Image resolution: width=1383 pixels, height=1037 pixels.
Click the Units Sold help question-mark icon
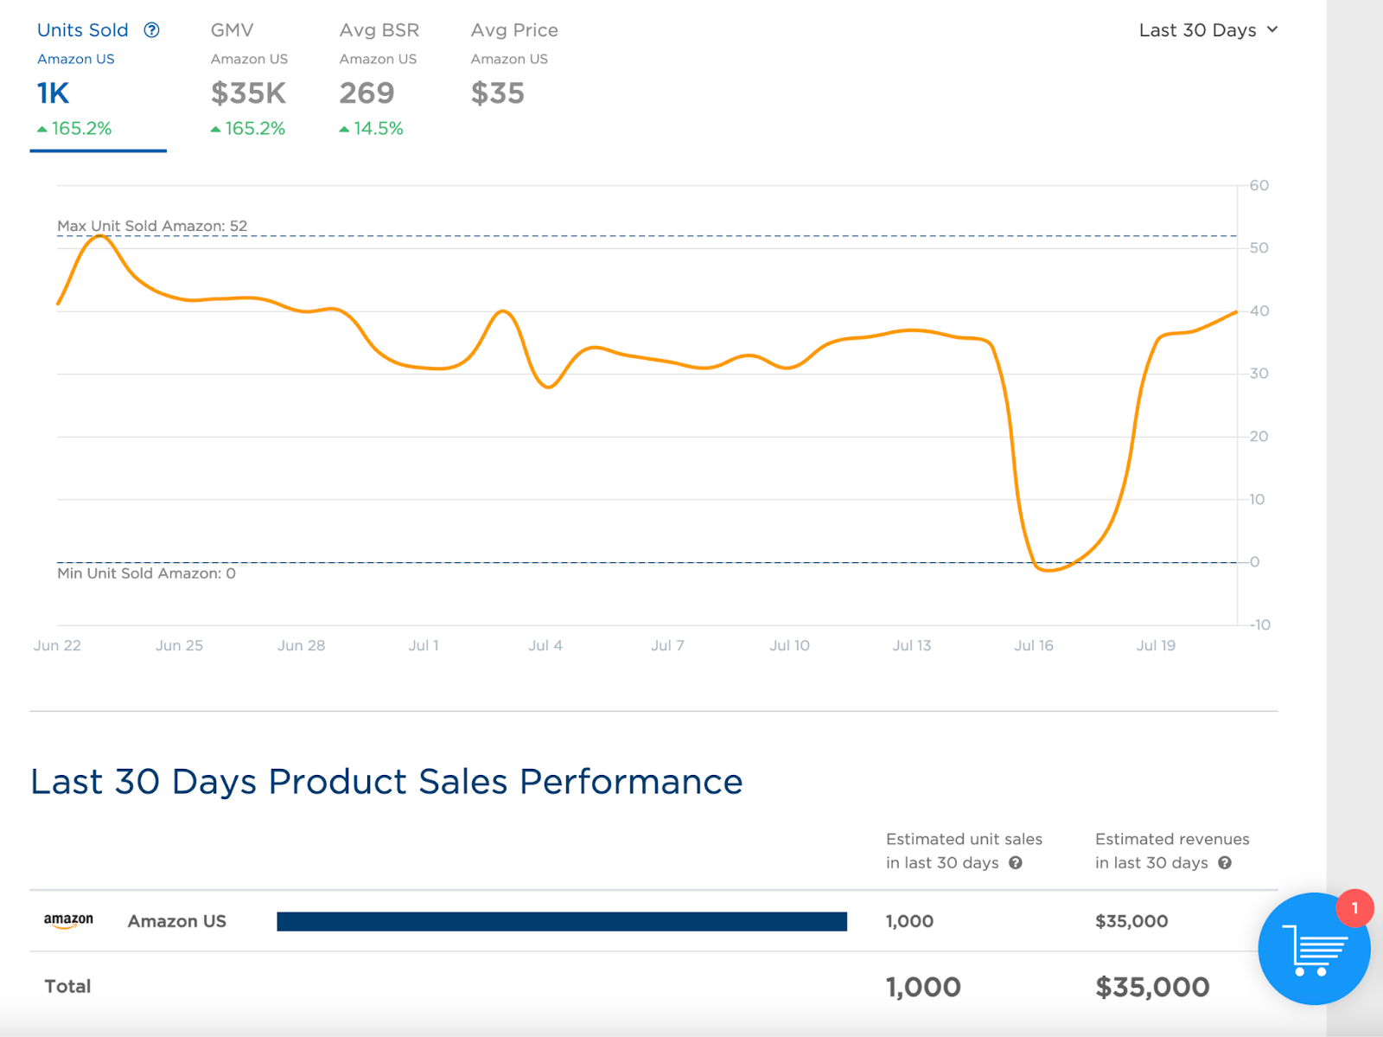coord(152,30)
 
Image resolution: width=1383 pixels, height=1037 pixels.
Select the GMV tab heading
coord(232,30)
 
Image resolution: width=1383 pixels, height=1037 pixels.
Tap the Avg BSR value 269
coord(366,93)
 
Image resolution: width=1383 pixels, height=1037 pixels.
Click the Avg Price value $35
coord(497,93)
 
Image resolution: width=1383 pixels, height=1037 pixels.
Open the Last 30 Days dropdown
coord(1208,30)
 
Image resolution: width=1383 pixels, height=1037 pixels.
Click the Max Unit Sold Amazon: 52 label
coord(152,226)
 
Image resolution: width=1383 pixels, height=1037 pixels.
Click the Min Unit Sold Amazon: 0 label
coord(146,573)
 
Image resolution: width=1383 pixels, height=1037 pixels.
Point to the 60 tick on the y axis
coord(1259,185)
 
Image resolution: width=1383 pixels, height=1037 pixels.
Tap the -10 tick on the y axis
coord(1259,624)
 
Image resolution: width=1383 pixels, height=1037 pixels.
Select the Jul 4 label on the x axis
coord(545,645)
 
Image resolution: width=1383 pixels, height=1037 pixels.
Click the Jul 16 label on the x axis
coord(1034,645)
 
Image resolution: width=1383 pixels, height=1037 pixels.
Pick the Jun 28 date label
coord(301,645)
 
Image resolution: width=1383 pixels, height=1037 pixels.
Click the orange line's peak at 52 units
coord(101,235)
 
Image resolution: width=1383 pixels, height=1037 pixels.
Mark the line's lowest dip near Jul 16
coord(1048,570)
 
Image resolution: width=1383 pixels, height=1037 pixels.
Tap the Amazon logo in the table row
coord(68,921)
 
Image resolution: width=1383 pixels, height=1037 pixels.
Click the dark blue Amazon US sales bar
coord(562,921)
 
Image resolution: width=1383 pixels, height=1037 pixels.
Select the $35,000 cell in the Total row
coord(1152,987)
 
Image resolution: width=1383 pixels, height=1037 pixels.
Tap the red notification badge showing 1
coord(1354,908)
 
